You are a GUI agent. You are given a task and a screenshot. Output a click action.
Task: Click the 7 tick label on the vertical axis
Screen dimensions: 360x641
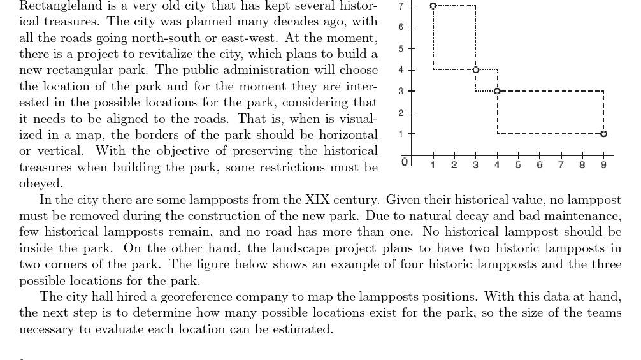[401, 6]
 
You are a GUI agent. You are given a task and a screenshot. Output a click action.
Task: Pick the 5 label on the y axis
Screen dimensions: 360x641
[401, 49]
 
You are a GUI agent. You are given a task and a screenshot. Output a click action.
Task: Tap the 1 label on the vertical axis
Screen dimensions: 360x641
[401, 134]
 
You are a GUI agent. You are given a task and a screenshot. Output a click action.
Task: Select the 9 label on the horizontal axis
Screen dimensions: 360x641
[603, 165]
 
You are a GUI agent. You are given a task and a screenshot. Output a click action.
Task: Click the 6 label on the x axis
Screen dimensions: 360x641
[539, 165]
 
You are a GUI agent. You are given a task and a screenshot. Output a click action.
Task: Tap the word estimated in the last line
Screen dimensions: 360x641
[301, 329]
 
